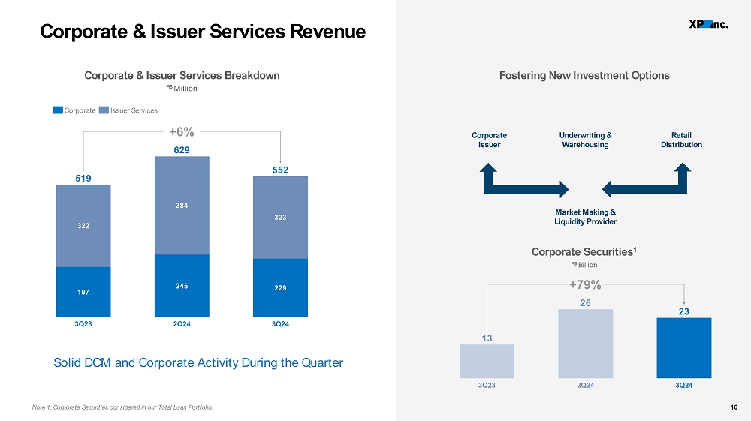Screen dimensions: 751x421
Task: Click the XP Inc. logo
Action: pos(709,25)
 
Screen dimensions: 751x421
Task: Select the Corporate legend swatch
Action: pos(58,110)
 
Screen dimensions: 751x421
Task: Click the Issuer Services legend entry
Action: pos(128,110)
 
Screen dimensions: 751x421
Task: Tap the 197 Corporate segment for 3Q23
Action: pos(83,292)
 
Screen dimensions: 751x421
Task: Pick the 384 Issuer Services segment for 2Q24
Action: pos(182,206)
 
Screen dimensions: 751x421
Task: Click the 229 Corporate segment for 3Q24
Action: pos(280,288)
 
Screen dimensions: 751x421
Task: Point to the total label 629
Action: pos(182,150)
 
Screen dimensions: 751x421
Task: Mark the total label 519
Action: pos(83,178)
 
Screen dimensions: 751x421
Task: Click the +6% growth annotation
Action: pos(182,131)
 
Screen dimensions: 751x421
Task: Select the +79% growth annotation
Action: pos(585,284)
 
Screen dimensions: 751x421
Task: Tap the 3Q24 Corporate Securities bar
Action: pos(684,347)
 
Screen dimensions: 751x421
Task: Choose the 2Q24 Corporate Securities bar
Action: pos(585,344)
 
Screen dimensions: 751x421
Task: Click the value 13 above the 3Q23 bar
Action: pos(487,338)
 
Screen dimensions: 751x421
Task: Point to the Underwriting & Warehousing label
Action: pos(585,140)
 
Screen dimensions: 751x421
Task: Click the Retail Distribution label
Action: pos(682,140)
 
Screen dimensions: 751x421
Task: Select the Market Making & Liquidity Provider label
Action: pos(585,217)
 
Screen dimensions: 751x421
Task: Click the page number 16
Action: pos(734,407)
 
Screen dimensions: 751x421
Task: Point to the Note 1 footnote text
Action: pos(122,407)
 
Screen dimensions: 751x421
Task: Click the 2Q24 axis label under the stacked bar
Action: pos(182,324)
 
